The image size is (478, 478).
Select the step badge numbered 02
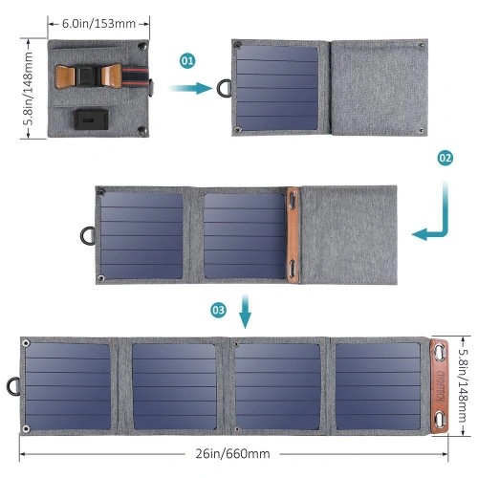(445, 158)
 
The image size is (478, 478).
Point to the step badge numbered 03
(218, 310)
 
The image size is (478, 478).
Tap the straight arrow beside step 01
(191, 88)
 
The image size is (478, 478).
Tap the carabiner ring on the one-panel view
(226, 88)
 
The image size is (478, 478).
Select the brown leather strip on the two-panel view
(292, 235)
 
